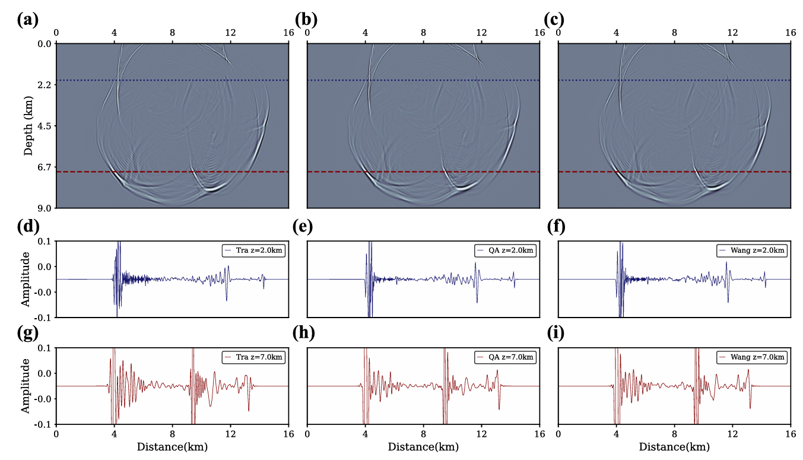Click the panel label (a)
click(x=28, y=20)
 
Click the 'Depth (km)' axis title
click(x=28, y=125)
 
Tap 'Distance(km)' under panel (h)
click(x=423, y=446)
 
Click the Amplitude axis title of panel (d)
click(x=26, y=278)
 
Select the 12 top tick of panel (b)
click(x=481, y=32)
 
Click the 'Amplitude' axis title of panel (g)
click(x=26, y=385)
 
